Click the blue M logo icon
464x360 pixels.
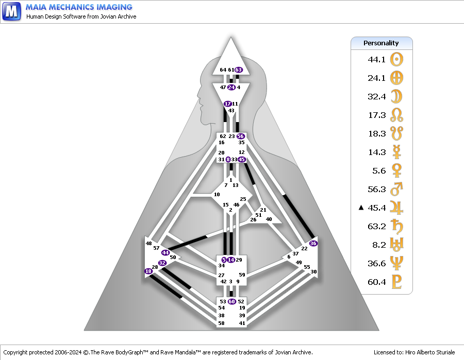(x=11, y=11)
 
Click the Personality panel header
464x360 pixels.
(x=382, y=43)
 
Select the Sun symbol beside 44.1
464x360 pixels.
(x=396, y=59)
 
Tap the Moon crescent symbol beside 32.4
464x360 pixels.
(x=396, y=96)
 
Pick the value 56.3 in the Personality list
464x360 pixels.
(x=377, y=189)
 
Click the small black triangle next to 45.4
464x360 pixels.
(x=361, y=208)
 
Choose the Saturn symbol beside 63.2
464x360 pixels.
(x=396, y=226)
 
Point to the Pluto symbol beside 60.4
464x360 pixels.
(x=396, y=282)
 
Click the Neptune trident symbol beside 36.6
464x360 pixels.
(x=396, y=263)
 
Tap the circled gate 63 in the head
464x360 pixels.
(x=239, y=70)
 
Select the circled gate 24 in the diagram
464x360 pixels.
(x=231, y=88)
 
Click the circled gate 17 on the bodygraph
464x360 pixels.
(x=228, y=104)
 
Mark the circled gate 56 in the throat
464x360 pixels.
(x=240, y=136)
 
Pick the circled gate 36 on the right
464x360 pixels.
(x=313, y=243)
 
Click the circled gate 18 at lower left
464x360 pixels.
(x=148, y=271)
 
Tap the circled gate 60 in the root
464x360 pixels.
(x=231, y=301)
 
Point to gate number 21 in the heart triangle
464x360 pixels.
(x=263, y=210)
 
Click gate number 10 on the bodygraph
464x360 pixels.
(x=217, y=194)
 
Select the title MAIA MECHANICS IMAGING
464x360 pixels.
(x=79, y=7)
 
